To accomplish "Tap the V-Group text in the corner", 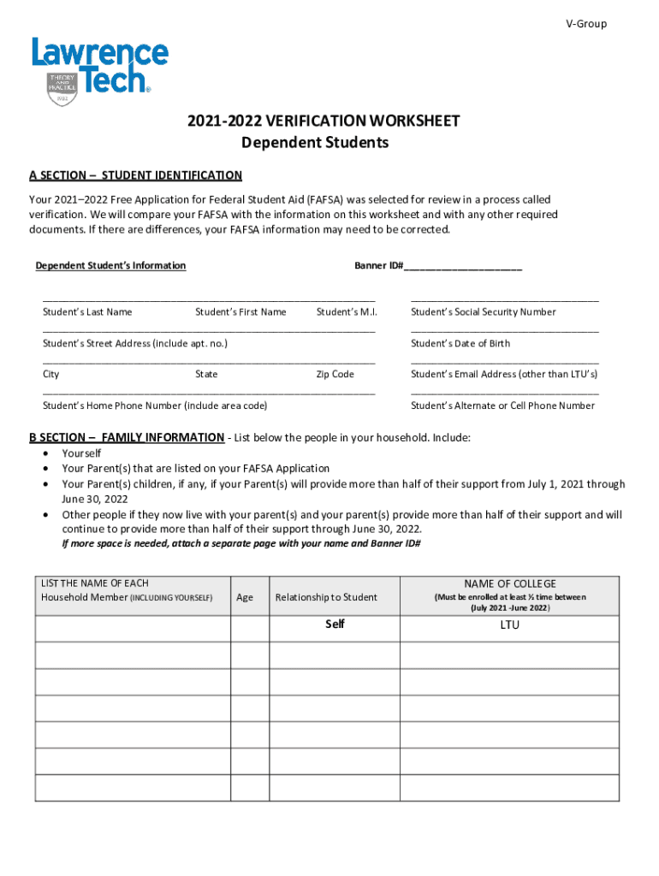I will point(586,24).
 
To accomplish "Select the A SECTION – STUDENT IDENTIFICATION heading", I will point(135,175).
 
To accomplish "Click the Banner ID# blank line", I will point(463,266).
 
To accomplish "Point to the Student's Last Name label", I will point(87,312).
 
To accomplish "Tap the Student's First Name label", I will point(240,312).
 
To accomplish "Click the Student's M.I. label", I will point(347,312).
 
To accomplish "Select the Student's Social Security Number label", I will point(483,312).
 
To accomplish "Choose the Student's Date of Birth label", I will point(460,344).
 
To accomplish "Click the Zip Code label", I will point(335,375).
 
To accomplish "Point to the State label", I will point(206,375).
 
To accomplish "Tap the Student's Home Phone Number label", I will point(155,405).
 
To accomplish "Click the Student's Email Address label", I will point(504,375).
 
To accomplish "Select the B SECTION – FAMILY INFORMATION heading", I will point(127,438).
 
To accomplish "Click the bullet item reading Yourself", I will point(81,453).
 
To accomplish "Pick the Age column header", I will point(245,597).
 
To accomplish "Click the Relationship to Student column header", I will point(326,597).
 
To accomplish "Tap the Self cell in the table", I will point(335,624).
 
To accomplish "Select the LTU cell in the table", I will point(509,625).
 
